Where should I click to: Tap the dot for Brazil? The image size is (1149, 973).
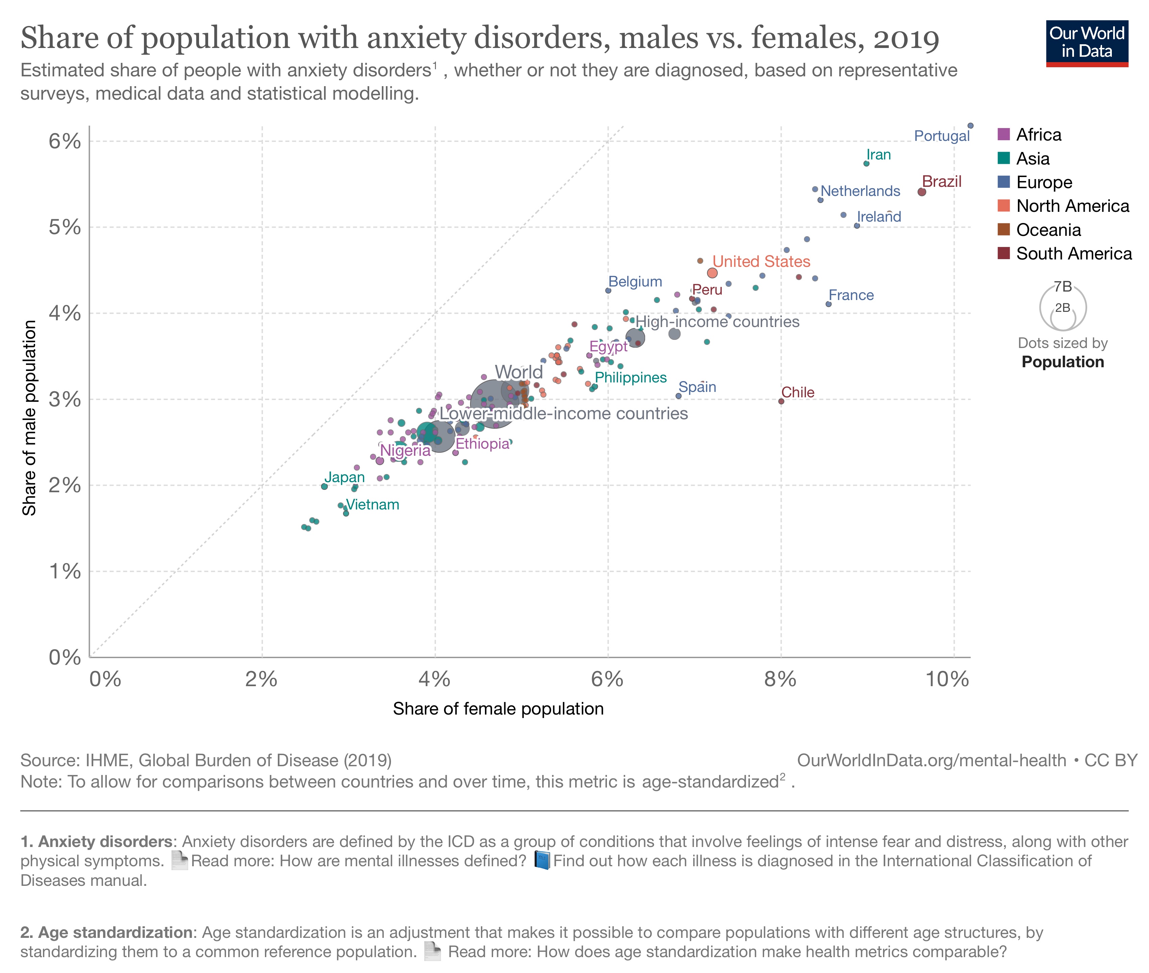click(921, 192)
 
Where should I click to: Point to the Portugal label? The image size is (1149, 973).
click(941, 136)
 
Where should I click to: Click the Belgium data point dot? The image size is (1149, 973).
click(608, 290)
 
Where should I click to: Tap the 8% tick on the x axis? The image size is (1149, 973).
click(780, 679)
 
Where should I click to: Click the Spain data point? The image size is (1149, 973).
click(679, 396)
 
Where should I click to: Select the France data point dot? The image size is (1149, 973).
click(828, 304)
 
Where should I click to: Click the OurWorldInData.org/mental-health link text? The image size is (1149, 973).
click(931, 760)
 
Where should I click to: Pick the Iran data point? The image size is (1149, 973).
click(866, 163)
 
